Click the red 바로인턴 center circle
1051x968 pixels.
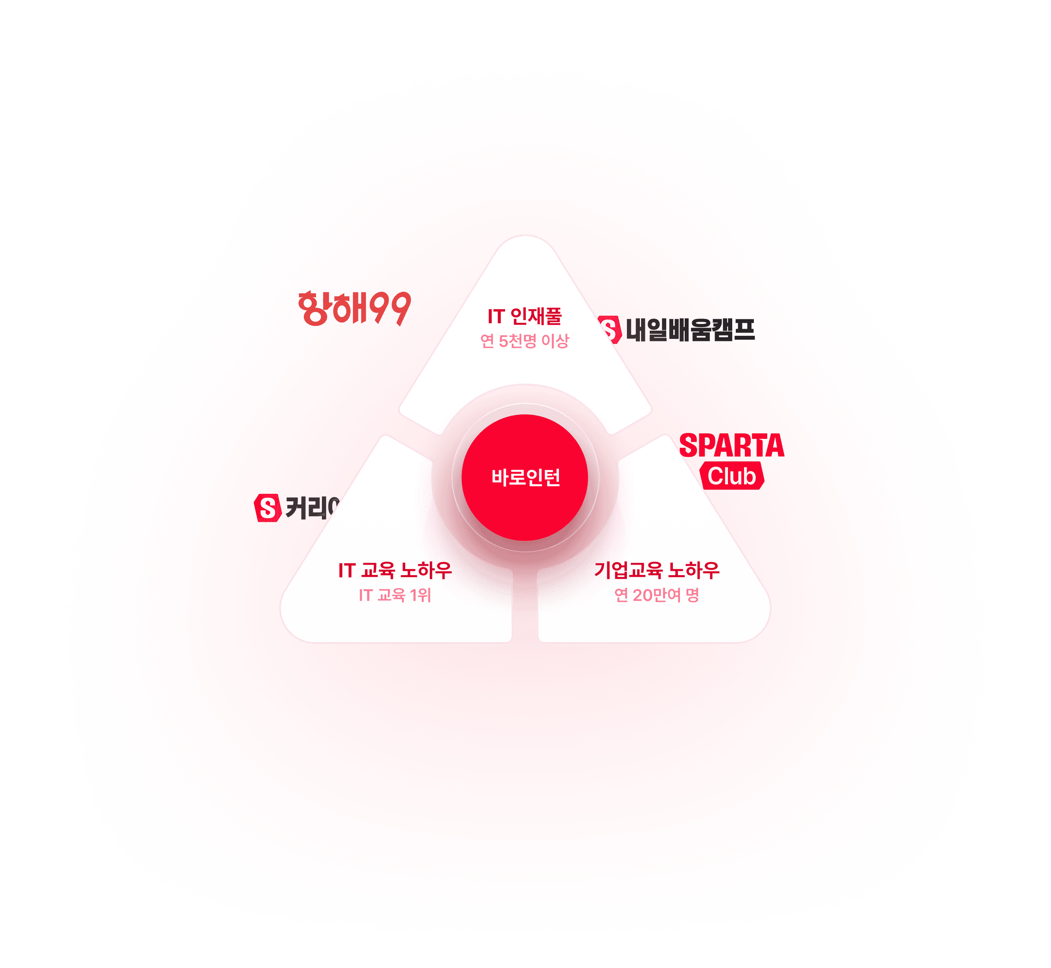tap(525, 477)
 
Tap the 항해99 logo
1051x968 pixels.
tap(354, 309)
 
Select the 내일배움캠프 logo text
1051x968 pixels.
tap(690, 330)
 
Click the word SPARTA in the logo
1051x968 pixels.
tap(731, 446)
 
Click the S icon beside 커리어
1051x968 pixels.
tap(267, 508)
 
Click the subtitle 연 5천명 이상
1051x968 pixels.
tap(524, 341)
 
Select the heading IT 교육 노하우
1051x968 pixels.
tap(395, 570)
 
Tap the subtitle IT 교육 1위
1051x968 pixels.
tap(395, 595)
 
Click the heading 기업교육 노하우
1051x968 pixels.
tap(657, 570)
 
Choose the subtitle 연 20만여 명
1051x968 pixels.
tap(657, 595)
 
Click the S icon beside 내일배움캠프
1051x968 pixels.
tap(609, 330)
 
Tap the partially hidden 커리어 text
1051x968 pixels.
tap(312, 508)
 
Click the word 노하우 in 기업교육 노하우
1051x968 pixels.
tap(694, 570)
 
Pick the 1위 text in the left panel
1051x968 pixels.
tap(420, 595)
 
